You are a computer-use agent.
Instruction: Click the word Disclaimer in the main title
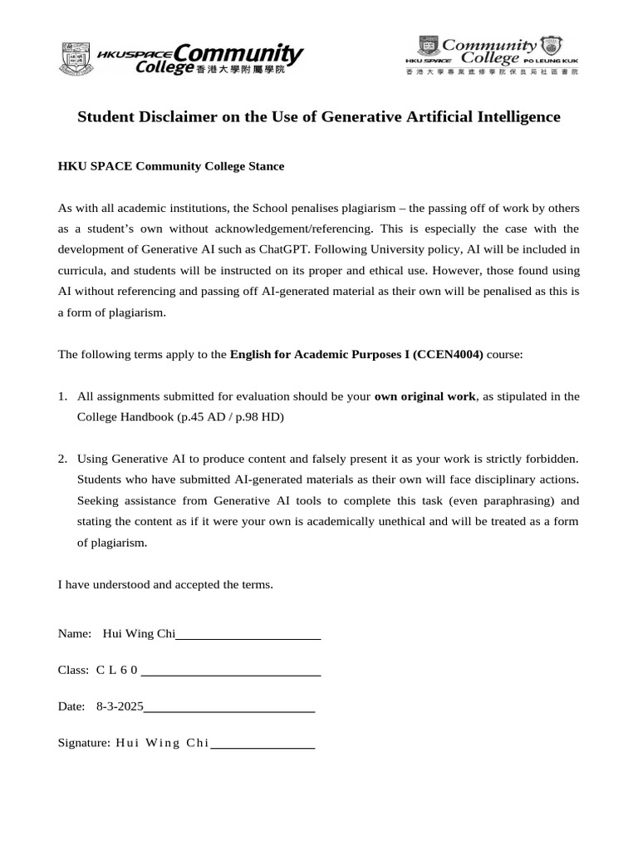click(205, 117)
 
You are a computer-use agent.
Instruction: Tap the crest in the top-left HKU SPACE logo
click(76, 59)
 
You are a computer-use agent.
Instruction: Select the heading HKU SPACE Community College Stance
click(170, 166)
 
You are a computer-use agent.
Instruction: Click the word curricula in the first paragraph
click(81, 271)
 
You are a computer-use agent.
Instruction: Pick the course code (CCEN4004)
click(454, 354)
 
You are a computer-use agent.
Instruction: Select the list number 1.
click(62, 396)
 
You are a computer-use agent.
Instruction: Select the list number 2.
click(62, 459)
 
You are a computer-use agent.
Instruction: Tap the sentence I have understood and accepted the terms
click(164, 584)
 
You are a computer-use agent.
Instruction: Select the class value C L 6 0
click(117, 670)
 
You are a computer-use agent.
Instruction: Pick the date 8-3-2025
click(120, 706)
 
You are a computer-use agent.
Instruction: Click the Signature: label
click(83, 743)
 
